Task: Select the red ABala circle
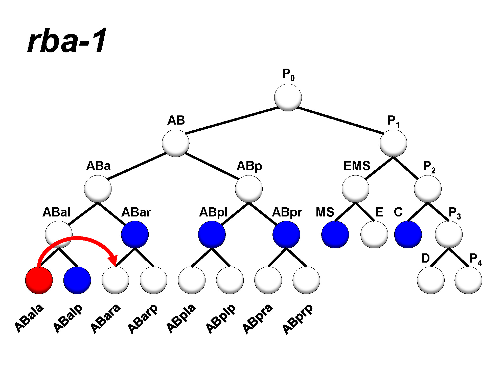tap(39, 280)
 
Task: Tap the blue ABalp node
tap(77, 280)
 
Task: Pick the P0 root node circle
tap(288, 98)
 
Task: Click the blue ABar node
tap(135, 234)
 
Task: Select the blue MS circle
tap(335, 234)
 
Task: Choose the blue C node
tap(408, 234)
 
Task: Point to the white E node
tap(374, 234)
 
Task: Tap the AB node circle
tap(175, 143)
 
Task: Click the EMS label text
tap(357, 166)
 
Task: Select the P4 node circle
tap(468, 280)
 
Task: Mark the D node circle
tap(431, 280)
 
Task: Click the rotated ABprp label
tap(297, 320)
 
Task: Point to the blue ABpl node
tap(212, 234)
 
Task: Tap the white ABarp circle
tap(153, 280)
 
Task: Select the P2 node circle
tap(428, 189)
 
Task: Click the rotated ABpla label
tap(181, 318)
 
